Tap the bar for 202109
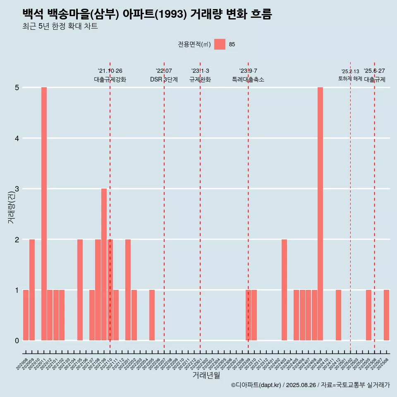(104, 265)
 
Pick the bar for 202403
(284, 290)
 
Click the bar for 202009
(32, 290)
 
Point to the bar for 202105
(80, 290)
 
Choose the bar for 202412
(338, 315)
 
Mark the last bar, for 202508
(386, 315)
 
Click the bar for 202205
(152, 315)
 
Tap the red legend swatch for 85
(220, 44)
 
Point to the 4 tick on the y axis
(17, 138)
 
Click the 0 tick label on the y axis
(17, 341)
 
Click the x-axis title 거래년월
(206, 375)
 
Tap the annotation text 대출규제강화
(110, 79)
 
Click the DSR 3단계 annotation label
(164, 79)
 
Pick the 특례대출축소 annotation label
(248, 79)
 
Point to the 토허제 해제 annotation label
(350, 79)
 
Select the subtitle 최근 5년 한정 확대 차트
(60, 26)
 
